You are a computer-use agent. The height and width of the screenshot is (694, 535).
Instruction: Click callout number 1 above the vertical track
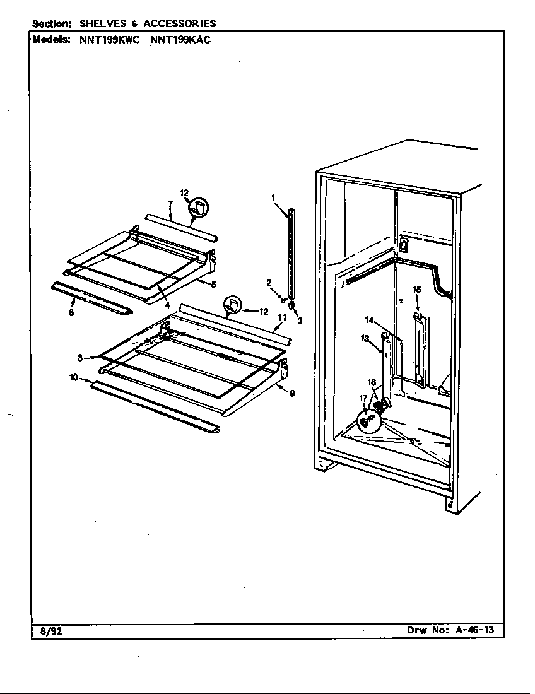pos(274,198)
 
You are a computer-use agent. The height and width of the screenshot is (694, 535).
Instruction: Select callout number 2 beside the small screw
pos(268,282)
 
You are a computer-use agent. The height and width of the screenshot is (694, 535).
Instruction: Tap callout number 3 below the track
pos(300,321)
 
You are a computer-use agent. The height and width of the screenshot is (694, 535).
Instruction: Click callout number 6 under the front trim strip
pos(71,312)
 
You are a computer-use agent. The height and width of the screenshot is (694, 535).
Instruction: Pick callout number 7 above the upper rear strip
pos(170,204)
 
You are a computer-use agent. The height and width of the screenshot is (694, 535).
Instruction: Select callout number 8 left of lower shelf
pos(81,358)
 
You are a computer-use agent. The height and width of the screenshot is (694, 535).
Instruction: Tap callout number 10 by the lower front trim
pos(74,377)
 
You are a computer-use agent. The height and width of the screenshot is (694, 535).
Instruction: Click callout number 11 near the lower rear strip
pos(282,317)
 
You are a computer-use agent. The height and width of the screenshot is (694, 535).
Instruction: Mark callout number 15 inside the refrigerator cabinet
pos(416,290)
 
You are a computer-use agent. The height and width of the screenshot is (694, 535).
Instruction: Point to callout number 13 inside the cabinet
pos(365,338)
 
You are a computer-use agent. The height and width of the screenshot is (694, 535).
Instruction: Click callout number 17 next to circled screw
pos(363,397)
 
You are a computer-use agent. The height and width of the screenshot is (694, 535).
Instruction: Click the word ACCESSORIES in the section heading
pos(180,23)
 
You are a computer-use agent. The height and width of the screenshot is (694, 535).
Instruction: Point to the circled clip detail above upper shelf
pos(201,207)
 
